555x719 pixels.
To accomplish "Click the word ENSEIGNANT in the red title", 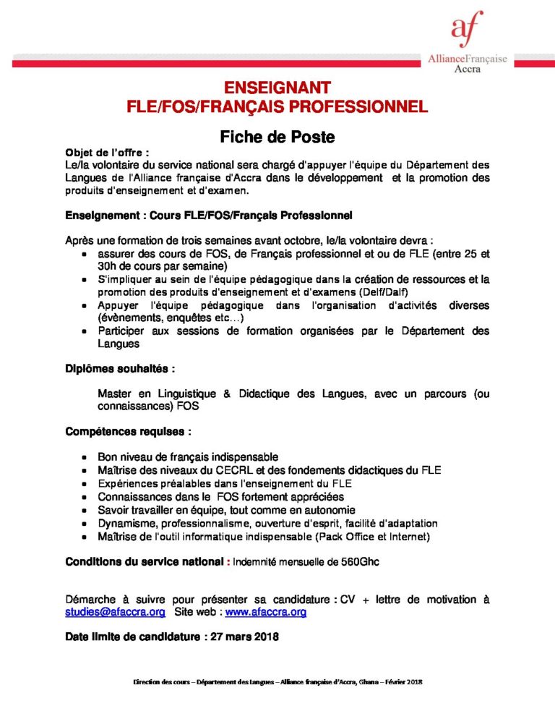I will pyautogui.click(x=277, y=88).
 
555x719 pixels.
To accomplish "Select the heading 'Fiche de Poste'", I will pyautogui.click(x=277, y=136).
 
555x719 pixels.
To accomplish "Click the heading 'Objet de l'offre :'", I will pyautogui.click(x=107, y=153).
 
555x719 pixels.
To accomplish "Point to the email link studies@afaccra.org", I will pyautogui.click(x=115, y=612).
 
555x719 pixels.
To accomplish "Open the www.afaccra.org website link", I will pyautogui.click(x=266, y=612).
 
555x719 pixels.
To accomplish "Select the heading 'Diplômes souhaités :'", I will pyautogui.click(x=120, y=368).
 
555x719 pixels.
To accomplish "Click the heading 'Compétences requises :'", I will pyautogui.click(x=128, y=432).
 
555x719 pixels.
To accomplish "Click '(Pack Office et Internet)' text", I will pyautogui.click(x=369, y=536).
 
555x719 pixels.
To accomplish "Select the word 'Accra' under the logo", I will pyautogui.click(x=468, y=69).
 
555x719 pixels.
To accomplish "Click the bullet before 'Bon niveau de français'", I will pyautogui.click(x=86, y=458).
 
